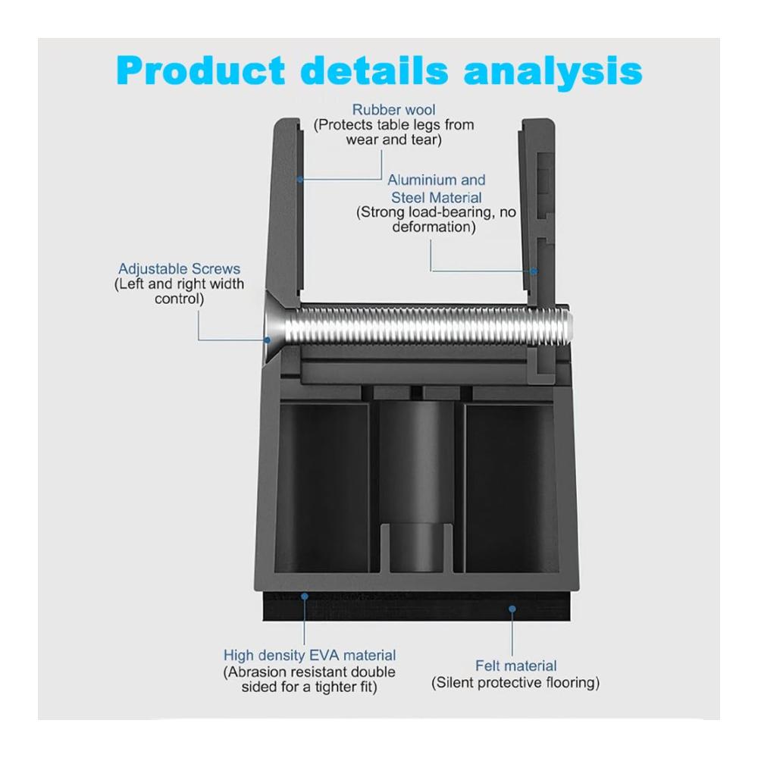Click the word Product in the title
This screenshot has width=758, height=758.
[x=201, y=70]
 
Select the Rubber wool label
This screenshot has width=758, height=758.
[x=393, y=110]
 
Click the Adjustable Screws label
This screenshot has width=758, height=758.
[x=180, y=269]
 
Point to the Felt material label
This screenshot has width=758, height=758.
[x=515, y=666]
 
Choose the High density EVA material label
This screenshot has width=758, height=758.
[x=309, y=655]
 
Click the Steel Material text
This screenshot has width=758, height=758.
[x=436, y=198]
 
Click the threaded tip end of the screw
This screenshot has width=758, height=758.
[x=568, y=324]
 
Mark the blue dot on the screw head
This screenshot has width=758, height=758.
[x=267, y=340]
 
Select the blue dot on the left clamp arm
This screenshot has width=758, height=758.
[x=299, y=180]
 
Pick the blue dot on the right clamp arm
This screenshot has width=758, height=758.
[x=534, y=271]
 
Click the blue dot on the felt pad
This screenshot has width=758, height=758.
[x=512, y=609]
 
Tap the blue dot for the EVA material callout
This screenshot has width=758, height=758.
[x=305, y=597]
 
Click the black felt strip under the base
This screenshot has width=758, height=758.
[x=417, y=606]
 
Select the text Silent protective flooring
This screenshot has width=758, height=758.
[x=515, y=683]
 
